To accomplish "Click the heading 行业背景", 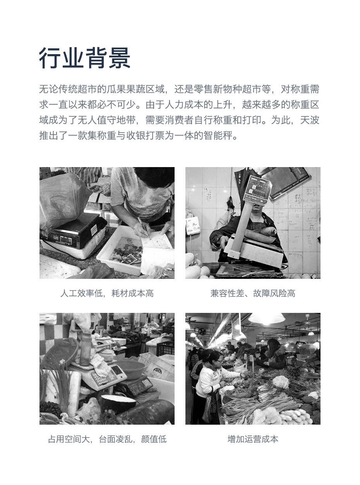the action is click(x=85, y=58).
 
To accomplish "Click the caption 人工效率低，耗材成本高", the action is click(x=107, y=293).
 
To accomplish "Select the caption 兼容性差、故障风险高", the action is click(x=253, y=293).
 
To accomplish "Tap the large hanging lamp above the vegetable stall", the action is click(x=267, y=318).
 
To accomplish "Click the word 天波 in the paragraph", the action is click(x=309, y=120).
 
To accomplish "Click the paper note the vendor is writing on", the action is click(x=156, y=241).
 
